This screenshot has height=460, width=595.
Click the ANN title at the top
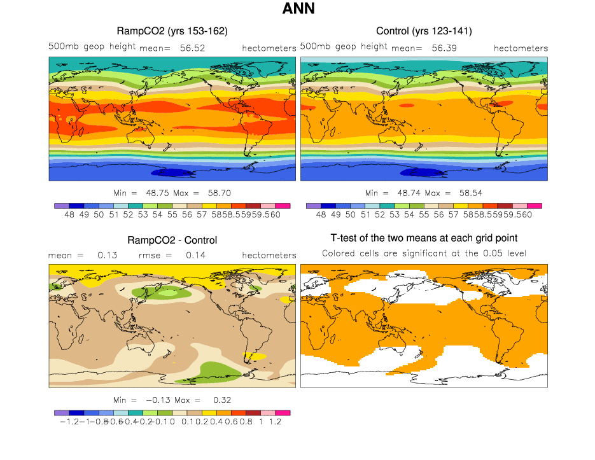click(298, 10)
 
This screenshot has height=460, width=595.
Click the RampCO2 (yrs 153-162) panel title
click(172, 31)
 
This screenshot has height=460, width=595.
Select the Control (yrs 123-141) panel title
click(424, 31)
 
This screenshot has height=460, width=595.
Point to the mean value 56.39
click(445, 48)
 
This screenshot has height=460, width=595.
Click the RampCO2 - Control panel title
click(172, 240)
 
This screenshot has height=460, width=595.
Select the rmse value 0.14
click(195, 255)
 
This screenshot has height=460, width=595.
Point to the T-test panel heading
click(424, 238)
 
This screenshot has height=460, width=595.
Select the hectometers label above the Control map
click(521, 48)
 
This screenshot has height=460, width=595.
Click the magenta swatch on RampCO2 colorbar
click(283, 206)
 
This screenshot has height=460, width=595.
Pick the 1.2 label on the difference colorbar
click(276, 422)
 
